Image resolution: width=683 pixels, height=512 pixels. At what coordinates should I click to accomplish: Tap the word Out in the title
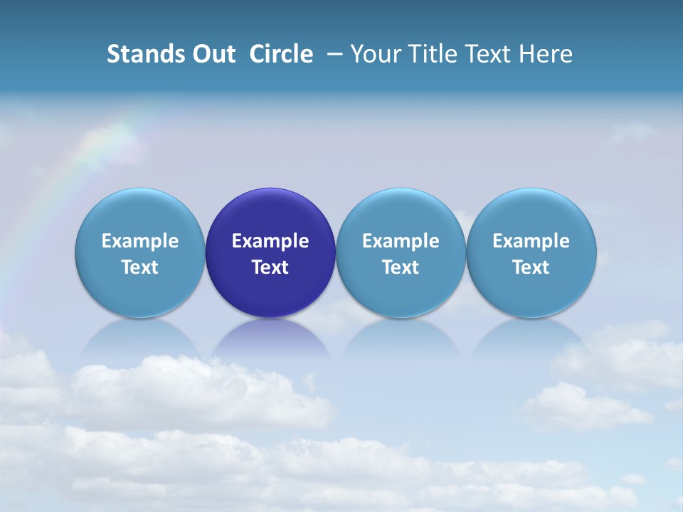coord(212,54)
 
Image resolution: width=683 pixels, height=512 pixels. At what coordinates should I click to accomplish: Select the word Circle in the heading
coord(281,54)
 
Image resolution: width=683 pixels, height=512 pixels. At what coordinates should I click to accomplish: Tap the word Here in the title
coord(546,54)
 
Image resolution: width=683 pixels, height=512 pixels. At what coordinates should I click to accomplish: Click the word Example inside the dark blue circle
coord(270,241)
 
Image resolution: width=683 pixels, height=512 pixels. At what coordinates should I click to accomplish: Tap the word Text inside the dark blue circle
coord(270,267)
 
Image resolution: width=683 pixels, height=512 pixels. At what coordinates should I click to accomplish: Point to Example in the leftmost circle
coord(139,241)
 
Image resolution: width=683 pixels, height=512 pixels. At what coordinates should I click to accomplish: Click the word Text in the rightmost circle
coord(531,267)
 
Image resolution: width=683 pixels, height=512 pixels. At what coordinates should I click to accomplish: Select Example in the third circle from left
coord(401,241)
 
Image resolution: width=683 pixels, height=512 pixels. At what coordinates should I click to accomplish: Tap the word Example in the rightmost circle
coord(531,241)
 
